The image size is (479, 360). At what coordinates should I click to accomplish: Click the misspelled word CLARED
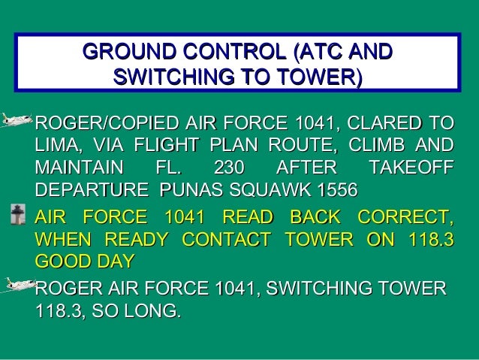coord(386,122)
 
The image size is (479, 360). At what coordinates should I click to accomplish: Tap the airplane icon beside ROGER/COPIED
coord(17,118)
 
